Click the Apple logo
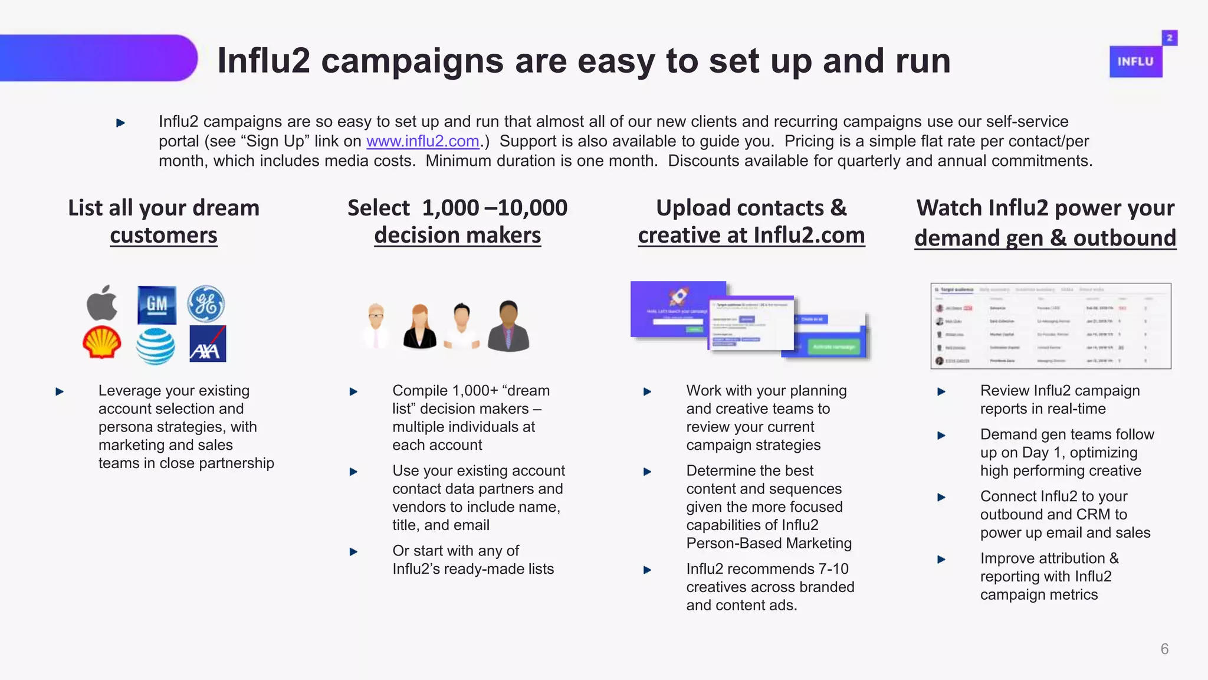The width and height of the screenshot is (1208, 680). point(102,303)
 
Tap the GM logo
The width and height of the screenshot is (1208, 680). point(156,305)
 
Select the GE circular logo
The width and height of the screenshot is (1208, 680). point(206,304)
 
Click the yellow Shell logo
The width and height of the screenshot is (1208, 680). point(101,342)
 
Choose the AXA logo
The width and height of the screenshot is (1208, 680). point(208,344)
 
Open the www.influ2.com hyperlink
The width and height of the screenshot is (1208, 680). point(422,142)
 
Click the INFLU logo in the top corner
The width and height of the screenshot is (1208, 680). point(1136,61)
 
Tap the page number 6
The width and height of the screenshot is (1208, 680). point(1164,649)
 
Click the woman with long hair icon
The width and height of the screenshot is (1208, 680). point(419,326)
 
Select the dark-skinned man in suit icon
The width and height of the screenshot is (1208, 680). point(508,326)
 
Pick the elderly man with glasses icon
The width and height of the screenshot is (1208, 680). point(376,326)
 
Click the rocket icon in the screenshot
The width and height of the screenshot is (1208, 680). point(678,296)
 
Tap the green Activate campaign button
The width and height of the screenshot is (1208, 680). point(834,347)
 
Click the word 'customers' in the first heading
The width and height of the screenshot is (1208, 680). point(163,236)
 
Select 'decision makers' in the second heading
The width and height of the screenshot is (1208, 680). point(457,236)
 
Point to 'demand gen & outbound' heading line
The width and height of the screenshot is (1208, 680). point(1045,238)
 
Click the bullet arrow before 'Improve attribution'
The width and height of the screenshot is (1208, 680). point(941,559)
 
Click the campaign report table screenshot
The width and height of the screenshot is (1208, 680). point(1051,326)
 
